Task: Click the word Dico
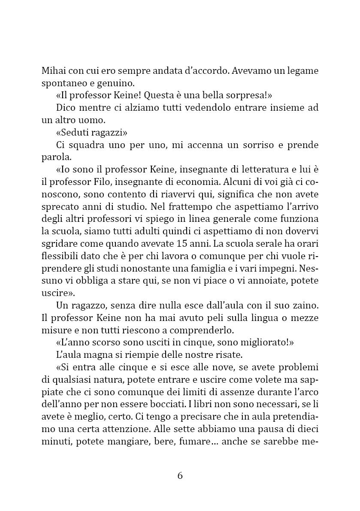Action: click(x=66, y=108)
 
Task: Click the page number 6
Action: click(x=180, y=475)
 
